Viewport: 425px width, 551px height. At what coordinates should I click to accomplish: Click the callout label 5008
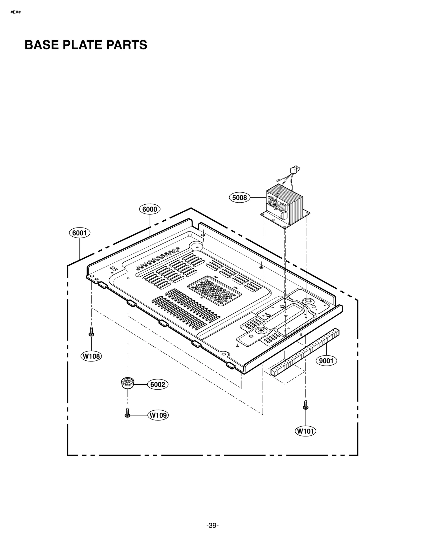[239, 197]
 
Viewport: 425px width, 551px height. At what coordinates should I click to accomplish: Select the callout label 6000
[150, 209]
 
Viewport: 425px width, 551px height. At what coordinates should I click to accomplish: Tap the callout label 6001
[79, 233]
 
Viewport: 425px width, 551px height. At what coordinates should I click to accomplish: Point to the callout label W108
[91, 356]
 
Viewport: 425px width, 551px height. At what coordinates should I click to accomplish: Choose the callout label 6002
[158, 384]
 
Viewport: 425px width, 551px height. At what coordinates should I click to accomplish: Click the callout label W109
[158, 415]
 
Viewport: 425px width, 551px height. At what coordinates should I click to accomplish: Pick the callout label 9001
[326, 361]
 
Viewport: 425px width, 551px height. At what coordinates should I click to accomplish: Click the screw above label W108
[91, 332]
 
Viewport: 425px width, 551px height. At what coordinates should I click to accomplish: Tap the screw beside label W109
[127, 413]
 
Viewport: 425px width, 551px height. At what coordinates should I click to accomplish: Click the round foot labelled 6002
[127, 383]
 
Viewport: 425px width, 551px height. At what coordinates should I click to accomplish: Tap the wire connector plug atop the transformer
[295, 169]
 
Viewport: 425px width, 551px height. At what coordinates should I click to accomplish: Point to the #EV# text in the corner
[15, 12]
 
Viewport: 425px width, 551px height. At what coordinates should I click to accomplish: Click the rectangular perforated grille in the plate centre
[215, 290]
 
